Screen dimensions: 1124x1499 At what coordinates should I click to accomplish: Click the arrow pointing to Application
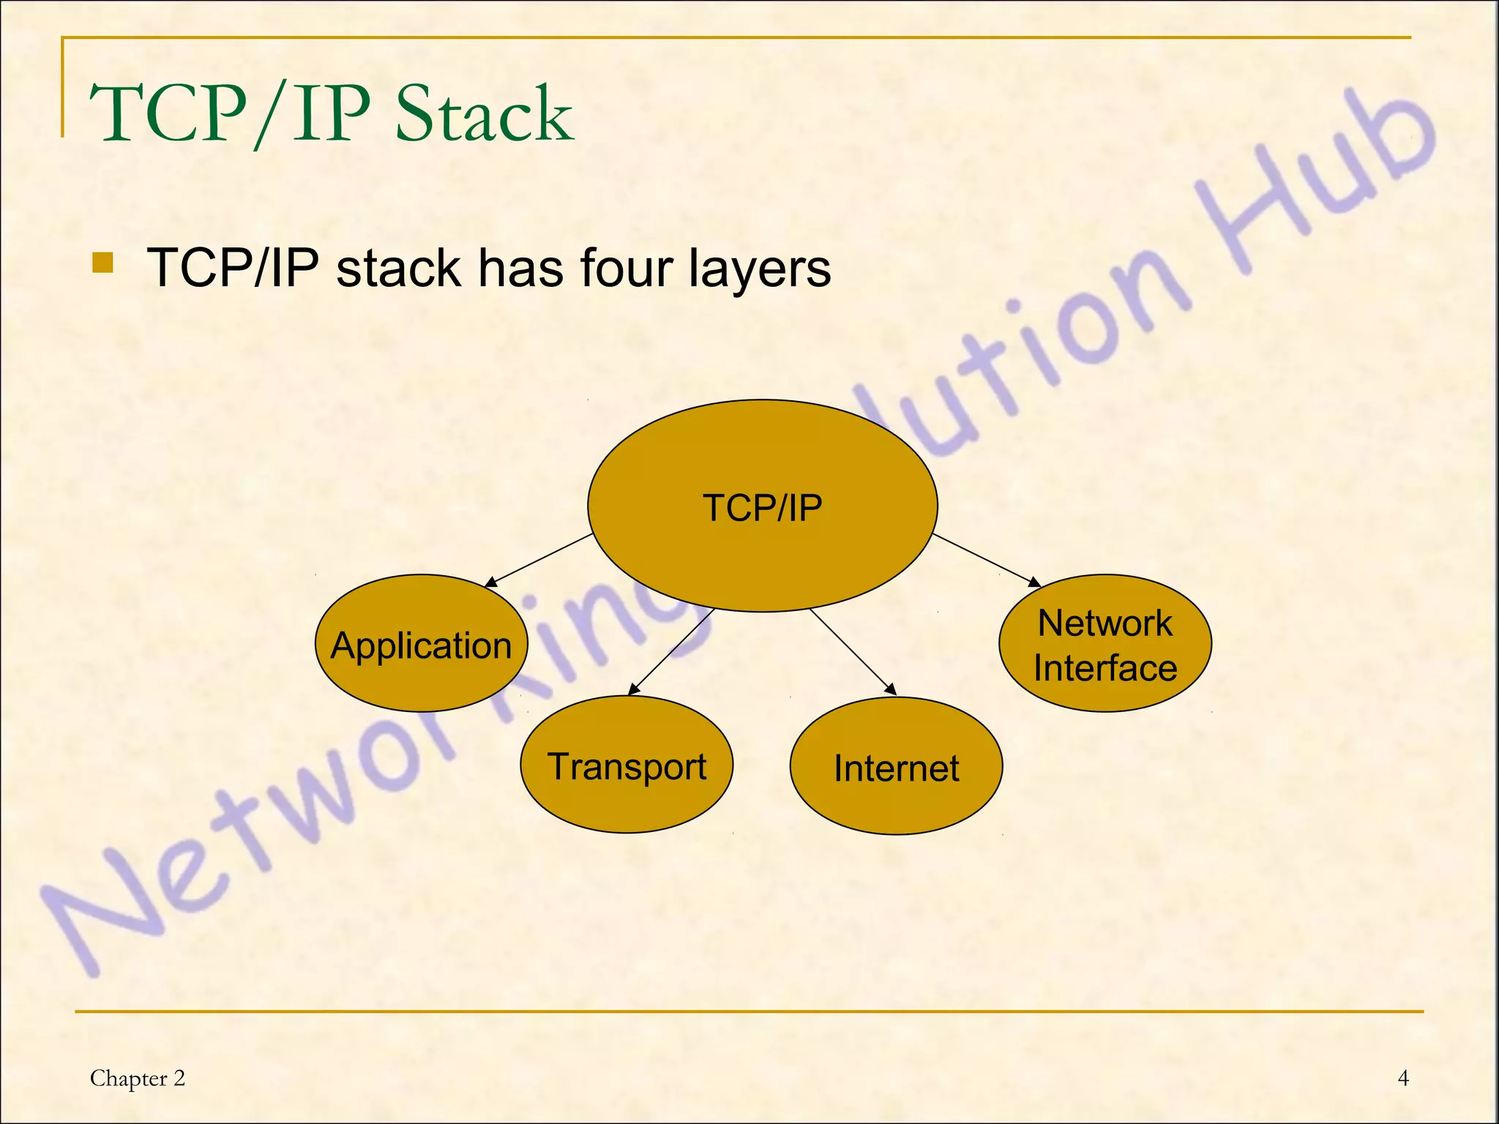(x=539, y=560)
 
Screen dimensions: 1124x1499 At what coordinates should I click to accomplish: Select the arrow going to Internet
(x=853, y=651)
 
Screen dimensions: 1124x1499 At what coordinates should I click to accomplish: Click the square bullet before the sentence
(x=103, y=263)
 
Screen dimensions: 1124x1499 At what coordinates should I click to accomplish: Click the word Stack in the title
(x=484, y=114)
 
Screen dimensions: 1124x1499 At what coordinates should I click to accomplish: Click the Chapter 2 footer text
(x=138, y=1078)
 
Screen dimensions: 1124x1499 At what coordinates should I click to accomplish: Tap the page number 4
(x=1403, y=1078)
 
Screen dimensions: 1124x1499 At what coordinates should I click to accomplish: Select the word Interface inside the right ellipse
(x=1104, y=668)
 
